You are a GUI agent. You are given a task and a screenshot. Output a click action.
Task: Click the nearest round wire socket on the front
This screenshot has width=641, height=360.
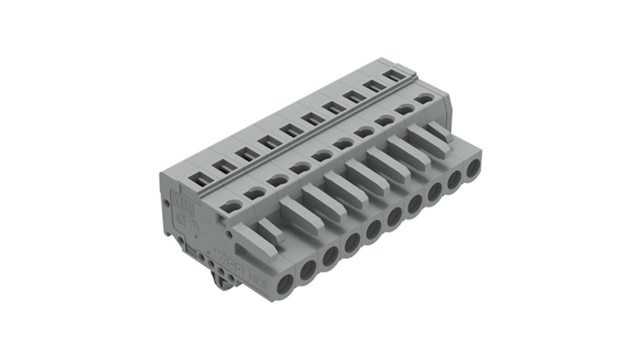[x=285, y=286]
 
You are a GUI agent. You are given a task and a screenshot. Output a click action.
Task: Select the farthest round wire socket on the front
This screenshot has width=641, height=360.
[x=473, y=168]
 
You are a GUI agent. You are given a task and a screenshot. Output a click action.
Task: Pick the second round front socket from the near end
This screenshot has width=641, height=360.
[x=308, y=270]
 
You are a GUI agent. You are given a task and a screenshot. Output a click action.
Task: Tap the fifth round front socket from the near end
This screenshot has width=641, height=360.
[x=373, y=230]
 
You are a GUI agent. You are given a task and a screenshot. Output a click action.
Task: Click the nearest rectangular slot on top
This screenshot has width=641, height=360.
[x=201, y=180]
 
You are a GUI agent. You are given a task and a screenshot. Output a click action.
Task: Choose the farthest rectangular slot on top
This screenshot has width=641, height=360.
[x=396, y=75]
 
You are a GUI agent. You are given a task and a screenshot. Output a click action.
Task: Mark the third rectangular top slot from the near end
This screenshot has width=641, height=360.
[x=247, y=154]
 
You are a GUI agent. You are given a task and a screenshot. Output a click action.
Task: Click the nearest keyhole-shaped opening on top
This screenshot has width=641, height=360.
[x=231, y=207]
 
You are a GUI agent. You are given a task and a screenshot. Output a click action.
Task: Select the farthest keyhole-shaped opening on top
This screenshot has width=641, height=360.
[x=424, y=98]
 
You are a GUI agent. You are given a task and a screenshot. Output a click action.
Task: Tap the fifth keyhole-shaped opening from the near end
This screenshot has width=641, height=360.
[x=322, y=156]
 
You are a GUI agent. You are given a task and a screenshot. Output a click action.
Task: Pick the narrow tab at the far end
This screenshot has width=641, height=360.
[x=439, y=131]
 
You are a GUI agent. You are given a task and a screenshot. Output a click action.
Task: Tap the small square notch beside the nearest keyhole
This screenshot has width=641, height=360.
[x=221, y=219]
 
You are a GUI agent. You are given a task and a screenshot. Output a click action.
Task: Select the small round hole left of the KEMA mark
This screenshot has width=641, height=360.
[x=167, y=203]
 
